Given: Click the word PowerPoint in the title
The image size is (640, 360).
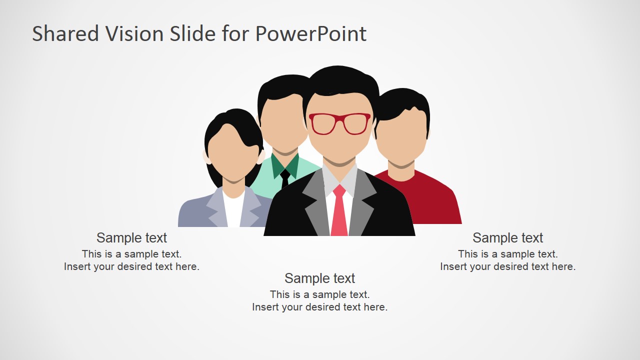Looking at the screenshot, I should coord(310,34).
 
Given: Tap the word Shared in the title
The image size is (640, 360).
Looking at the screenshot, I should coord(65,34).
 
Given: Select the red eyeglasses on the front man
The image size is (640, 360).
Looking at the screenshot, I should coord(339,124).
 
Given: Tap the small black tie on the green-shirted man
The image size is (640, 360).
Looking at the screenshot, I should coord(285,178).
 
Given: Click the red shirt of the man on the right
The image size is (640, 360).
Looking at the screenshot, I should coord(435,200).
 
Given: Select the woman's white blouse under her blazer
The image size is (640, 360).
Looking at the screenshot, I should coord(233,210).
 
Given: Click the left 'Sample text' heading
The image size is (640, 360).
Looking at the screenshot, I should coord(131,237).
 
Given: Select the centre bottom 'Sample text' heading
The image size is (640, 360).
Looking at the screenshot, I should coord(319,278).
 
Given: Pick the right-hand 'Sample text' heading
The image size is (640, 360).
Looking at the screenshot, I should coord(507,237).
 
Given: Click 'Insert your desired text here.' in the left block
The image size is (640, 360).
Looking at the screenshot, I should coord(131,266).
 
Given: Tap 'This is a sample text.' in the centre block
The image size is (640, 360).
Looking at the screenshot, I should coord(319,294).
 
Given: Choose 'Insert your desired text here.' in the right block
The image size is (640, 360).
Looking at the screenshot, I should coord(507,266).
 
